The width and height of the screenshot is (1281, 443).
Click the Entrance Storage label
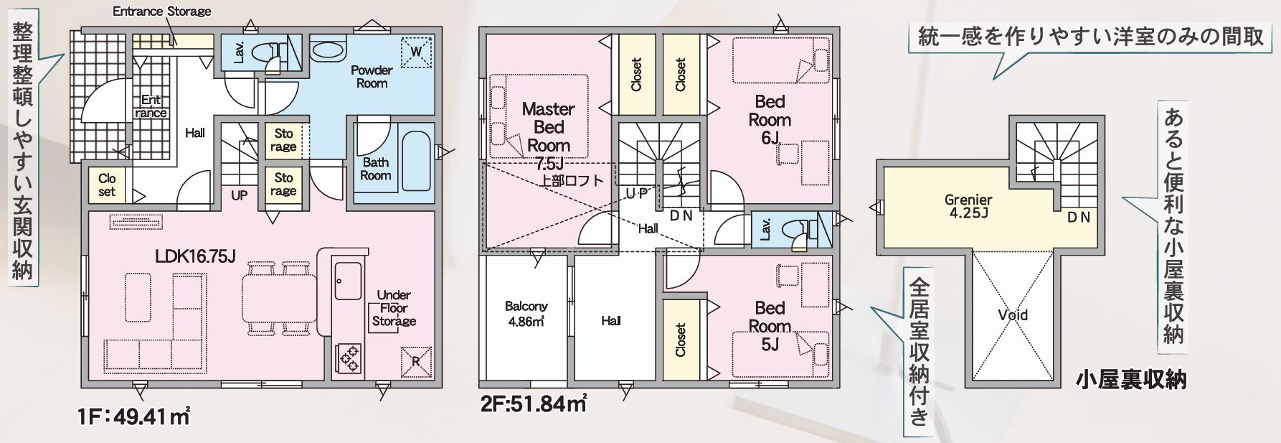(162, 11)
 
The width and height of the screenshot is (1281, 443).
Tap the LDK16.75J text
(196, 256)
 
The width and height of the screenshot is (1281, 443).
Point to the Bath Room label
(375, 169)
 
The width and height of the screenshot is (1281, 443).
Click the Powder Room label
(372, 76)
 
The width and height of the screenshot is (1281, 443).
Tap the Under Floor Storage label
(394, 308)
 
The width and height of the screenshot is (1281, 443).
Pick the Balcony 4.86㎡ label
(526, 314)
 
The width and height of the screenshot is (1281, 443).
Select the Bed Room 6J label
(770, 119)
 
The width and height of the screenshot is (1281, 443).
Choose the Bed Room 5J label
(770, 326)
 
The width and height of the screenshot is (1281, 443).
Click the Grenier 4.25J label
(968, 206)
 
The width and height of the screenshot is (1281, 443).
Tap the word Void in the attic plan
(1013, 314)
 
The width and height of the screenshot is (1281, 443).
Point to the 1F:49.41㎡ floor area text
(134, 416)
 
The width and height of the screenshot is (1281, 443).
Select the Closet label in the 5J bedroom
(681, 339)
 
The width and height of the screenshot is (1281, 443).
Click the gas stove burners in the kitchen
(349, 357)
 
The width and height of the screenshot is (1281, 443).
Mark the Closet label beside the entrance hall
(107, 185)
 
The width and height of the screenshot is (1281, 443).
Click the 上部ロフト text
(572, 180)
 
